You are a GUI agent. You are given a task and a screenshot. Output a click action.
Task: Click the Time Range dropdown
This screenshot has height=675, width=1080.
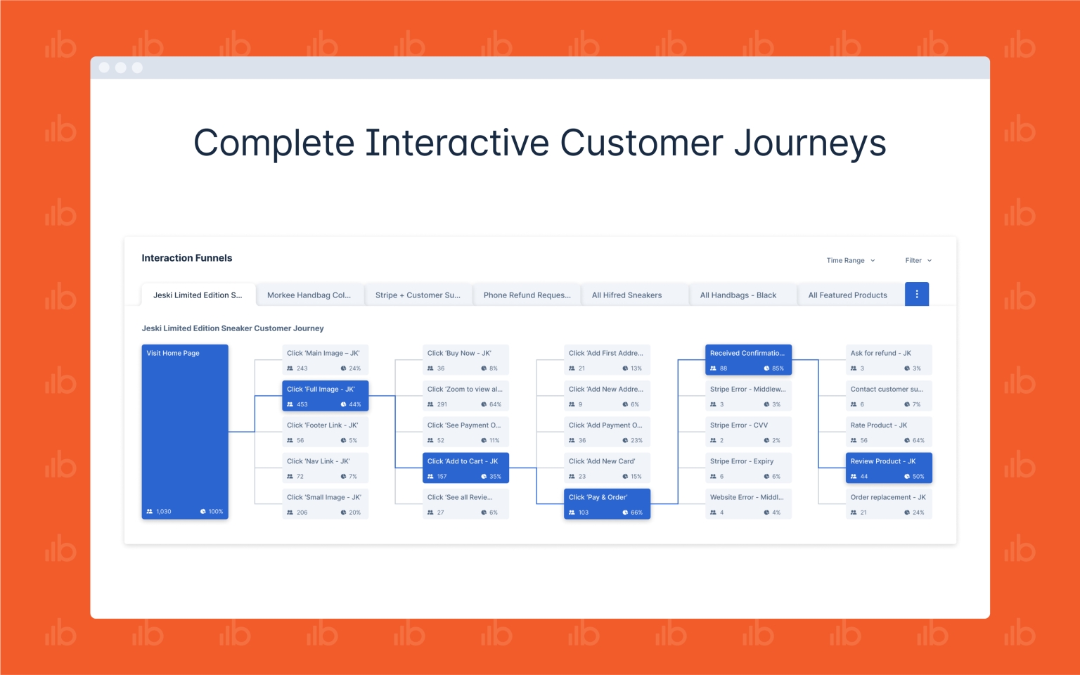click(851, 260)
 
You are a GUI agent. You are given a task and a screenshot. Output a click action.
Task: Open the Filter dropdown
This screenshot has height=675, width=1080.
click(918, 260)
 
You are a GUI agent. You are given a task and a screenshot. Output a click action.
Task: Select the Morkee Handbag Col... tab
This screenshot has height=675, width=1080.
click(309, 295)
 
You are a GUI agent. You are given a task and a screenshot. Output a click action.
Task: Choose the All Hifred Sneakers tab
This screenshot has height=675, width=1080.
click(626, 295)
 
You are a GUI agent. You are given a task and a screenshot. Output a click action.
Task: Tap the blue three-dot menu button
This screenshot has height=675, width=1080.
click(917, 294)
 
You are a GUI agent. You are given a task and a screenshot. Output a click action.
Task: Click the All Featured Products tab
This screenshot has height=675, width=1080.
click(847, 295)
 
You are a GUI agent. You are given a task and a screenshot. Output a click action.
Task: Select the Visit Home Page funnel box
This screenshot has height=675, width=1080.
click(185, 432)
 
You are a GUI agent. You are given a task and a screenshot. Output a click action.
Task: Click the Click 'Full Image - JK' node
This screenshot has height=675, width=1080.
click(326, 396)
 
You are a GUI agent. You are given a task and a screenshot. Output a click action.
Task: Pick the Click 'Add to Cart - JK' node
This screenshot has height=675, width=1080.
click(465, 468)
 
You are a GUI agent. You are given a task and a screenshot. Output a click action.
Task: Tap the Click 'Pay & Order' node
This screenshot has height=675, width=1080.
click(607, 504)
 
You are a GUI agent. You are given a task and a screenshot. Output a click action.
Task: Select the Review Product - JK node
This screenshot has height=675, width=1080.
click(889, 468)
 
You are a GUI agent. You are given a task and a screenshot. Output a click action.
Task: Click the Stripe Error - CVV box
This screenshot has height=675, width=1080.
click(748, 432)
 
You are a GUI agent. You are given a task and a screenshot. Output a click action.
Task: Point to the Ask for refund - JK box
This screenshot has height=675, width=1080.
click(889, 360)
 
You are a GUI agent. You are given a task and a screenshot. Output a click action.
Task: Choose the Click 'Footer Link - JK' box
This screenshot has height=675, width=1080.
click(326, 432)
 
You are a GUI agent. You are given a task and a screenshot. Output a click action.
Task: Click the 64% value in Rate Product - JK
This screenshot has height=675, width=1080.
click(918, 440)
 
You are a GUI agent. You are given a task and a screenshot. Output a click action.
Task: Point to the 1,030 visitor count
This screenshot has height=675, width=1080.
click(163, 512)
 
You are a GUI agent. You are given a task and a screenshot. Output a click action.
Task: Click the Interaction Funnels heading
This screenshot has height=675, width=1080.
click(186, 258)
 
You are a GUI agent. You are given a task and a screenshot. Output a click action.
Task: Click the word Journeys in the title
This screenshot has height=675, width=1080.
click(810, 143)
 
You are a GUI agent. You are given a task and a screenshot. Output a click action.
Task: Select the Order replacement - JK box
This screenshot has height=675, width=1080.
click(889, 504)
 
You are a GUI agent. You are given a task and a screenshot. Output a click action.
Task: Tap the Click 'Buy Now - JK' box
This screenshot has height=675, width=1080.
click(465, 360)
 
